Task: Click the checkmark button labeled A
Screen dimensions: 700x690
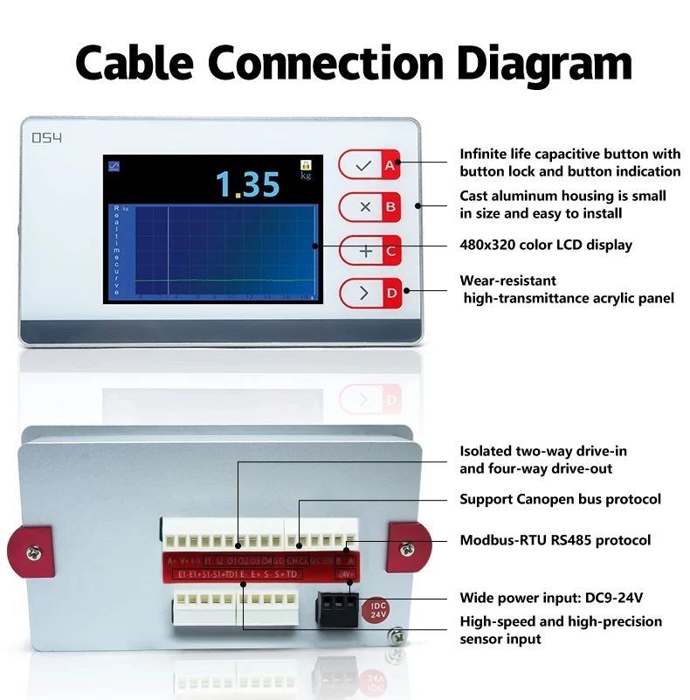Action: [x=369, y=163]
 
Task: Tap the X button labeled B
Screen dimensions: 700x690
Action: [x=369, y=207]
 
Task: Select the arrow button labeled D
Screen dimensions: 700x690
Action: [x=369, y=293]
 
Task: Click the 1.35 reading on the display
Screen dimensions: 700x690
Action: [x=248, y=184]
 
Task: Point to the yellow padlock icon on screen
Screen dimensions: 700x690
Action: [x=306, y=164]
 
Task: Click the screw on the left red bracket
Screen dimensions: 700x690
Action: [x=31, y=551]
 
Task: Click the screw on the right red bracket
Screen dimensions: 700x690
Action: [x=406, y=548]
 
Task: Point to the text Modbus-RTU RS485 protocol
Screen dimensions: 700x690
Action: [x=555, y=540]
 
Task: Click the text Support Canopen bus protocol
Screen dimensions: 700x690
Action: [x=560, y=499]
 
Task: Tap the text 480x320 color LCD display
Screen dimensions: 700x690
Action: [x=546, y=245]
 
